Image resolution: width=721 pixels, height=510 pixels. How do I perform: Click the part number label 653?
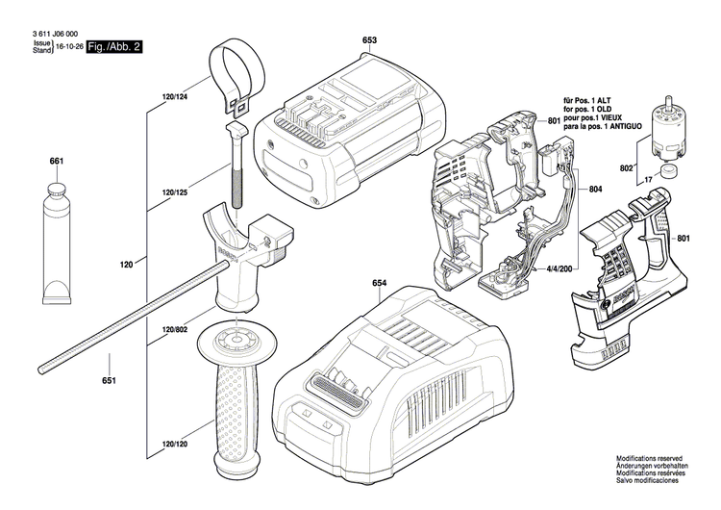pos(369,39)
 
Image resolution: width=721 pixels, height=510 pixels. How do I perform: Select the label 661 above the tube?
pos(56,161)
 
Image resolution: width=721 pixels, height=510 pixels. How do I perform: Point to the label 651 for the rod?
pos(109,383)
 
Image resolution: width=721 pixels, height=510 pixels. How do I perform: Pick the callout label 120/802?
pos(175,330)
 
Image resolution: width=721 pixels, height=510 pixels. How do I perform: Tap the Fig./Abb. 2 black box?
pos(113,46)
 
